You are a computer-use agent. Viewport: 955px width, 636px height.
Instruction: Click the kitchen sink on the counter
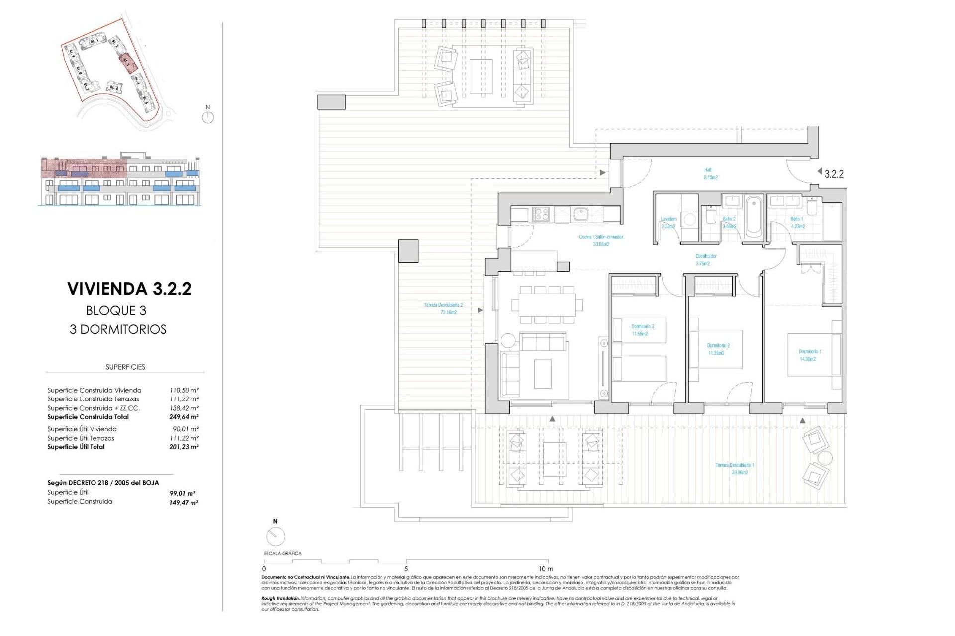pyautogui.click(x=580, y=215)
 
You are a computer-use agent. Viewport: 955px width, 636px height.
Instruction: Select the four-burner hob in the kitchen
pyautogui.click(x=541, y=215)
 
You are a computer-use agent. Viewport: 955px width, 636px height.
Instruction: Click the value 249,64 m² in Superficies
pyautogui.click(x=184, y=417)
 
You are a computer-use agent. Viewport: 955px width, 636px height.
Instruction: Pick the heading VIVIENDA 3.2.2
pyautogui.click(x=129, y=289)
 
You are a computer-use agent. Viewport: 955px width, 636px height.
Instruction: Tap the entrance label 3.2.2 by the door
pyautogui.click(x=834, y=174)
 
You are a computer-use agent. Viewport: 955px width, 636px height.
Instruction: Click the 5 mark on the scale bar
pyautogui.click(x=406, y=569)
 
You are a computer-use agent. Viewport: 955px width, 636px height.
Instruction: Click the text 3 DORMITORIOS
pyautogui.click(x=118, y=329)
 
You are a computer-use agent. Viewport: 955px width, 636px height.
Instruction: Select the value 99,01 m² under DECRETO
pyautogui.click(x=182, y=493)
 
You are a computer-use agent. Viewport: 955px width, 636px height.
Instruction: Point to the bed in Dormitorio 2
pyautogui.click(x=716, y=349)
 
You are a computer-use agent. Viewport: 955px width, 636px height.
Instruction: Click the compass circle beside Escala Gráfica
pyautogui.click(x=276, y=537)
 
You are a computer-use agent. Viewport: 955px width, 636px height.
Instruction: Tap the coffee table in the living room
pyautogui.click(x=543, y=374)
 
